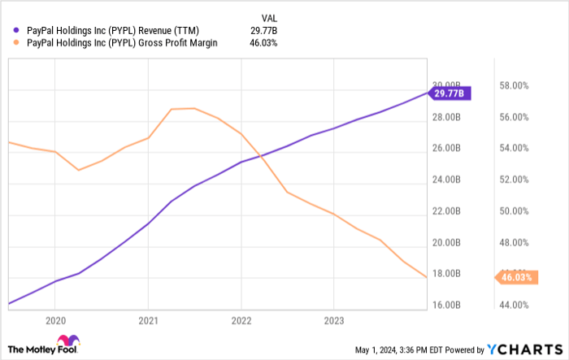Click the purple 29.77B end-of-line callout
[450, 93]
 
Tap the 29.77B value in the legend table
[265, 31]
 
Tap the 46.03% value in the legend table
[265, 43]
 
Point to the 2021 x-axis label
[147, 319]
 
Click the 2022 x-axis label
[241, 319]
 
